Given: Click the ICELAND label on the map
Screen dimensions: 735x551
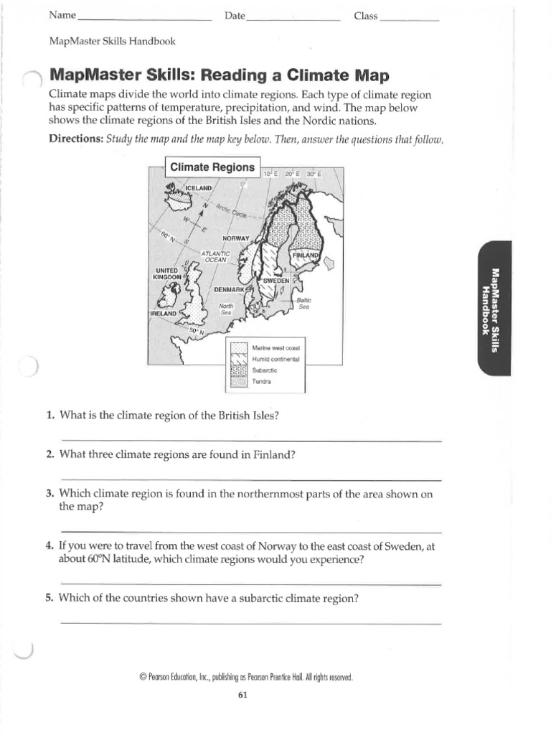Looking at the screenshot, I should pos(199,188).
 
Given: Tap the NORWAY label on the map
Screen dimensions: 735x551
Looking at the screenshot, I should pos(235,238).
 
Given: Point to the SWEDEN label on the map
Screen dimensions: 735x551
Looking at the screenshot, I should pos(275,280).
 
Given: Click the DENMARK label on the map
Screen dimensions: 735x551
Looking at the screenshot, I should pos(230,289).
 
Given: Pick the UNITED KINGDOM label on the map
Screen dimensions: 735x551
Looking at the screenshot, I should pos(169,273).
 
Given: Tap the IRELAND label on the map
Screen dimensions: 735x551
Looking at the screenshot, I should pos(164,314).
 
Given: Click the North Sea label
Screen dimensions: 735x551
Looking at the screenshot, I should pos(226,309).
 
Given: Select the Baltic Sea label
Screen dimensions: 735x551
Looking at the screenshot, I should pos(303,303).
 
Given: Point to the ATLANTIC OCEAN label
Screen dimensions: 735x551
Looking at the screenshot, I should pos(215,256).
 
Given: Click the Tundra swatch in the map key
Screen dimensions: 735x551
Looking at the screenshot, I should pos(238,381).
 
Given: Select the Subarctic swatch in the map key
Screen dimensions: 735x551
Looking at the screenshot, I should pos(238,370).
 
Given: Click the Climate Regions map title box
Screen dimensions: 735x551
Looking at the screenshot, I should pos(212,167).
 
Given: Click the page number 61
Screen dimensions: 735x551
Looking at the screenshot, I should pos(242,695).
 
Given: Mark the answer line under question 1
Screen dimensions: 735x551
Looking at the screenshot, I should pos(251,440).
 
